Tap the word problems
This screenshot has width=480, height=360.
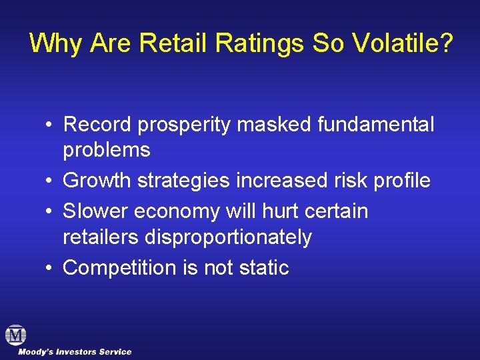click(107, 151)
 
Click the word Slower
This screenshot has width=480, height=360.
click(95, 211)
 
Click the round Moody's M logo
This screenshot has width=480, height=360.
click(15, 335)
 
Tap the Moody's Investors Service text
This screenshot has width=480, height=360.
click(75, 352)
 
